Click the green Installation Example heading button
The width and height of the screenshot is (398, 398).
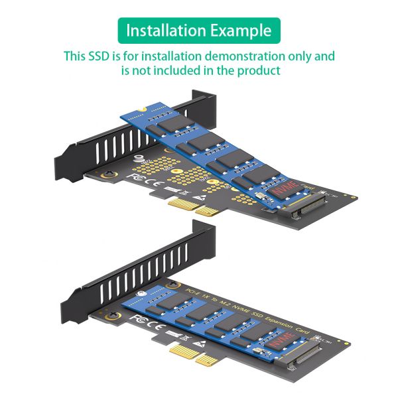pos(199,31)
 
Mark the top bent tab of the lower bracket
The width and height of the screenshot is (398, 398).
pos(202,234)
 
